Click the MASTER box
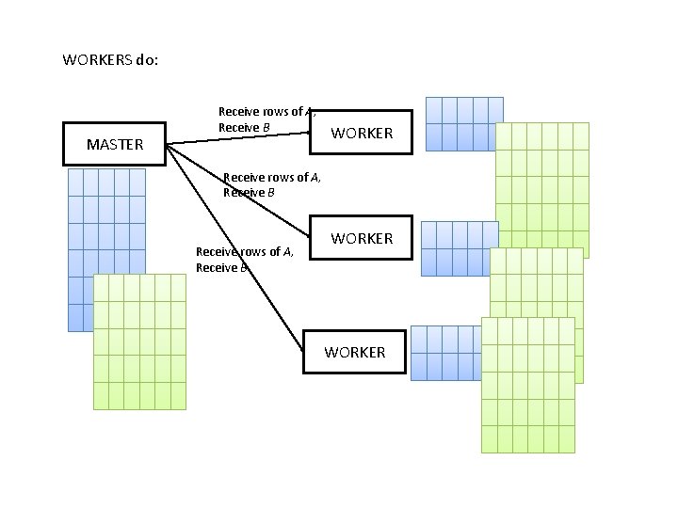tap(114, 144)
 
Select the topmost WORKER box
tap(361, 133)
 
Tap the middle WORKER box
tap(361, 238)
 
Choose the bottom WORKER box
tap(354, 352)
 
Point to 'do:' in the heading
tap(147, 59)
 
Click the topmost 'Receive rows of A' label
tap(260, 111)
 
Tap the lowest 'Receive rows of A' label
tap(244, 251)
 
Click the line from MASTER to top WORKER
tap(235, 139)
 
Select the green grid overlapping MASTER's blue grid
tap(139, 342)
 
